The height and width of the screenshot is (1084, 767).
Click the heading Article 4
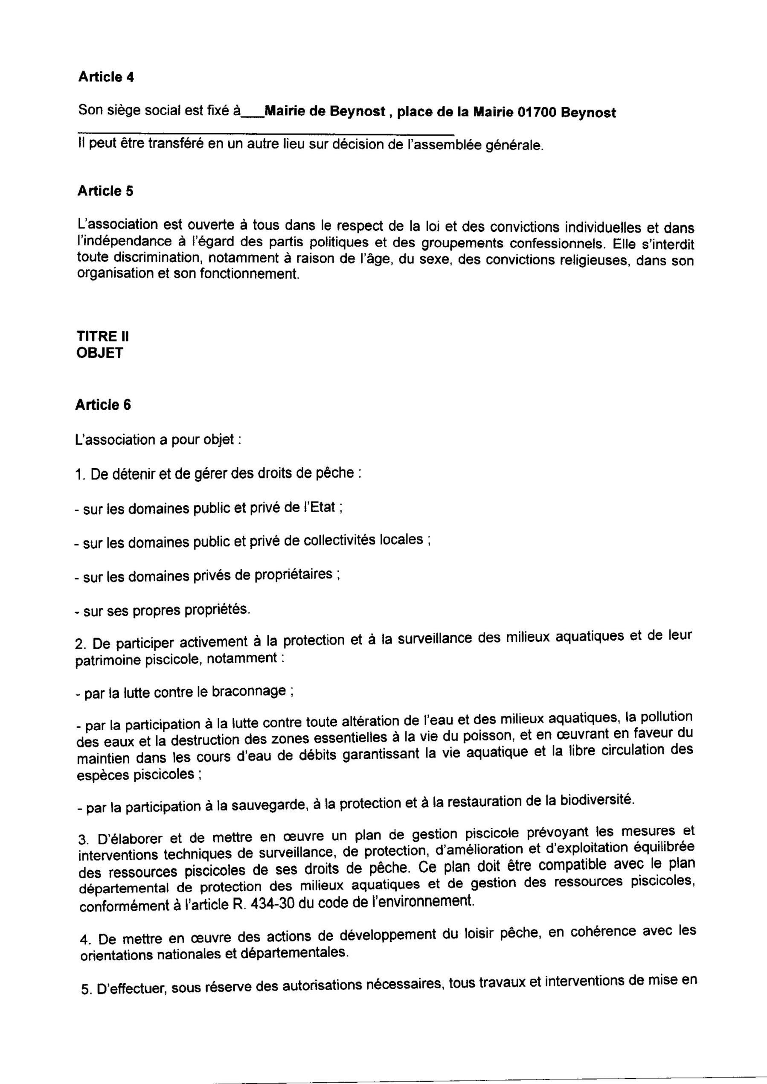click(106, 77)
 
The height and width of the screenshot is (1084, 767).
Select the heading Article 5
click(105, 191)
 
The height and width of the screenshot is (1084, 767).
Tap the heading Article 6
click(103, 405)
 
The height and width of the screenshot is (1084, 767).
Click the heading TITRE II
click(102, 336)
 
